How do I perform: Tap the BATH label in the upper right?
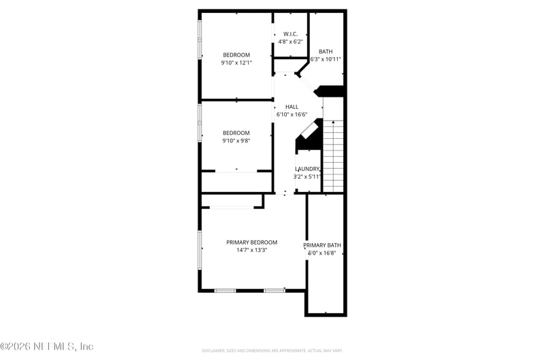(326, 51)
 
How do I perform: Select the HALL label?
(292, 107)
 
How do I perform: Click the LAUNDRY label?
(307, 169)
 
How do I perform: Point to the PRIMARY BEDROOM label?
(251, 242)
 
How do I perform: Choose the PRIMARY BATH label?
(322, 245)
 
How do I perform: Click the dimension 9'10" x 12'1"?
(236, 63)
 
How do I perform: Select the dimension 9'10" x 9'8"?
(236, 141)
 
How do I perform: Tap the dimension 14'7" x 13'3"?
(251, 250)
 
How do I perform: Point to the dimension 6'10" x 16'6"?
(292, 114)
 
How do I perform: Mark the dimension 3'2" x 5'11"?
(307, 176)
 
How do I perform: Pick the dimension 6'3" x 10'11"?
(326, 59)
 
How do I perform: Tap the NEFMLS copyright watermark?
(47, 347)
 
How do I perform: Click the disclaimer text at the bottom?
(272, 351)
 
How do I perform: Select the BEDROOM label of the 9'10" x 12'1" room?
(236, 55)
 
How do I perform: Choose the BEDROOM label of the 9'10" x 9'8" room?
(236, 133)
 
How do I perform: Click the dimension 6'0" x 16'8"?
(322, 253)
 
